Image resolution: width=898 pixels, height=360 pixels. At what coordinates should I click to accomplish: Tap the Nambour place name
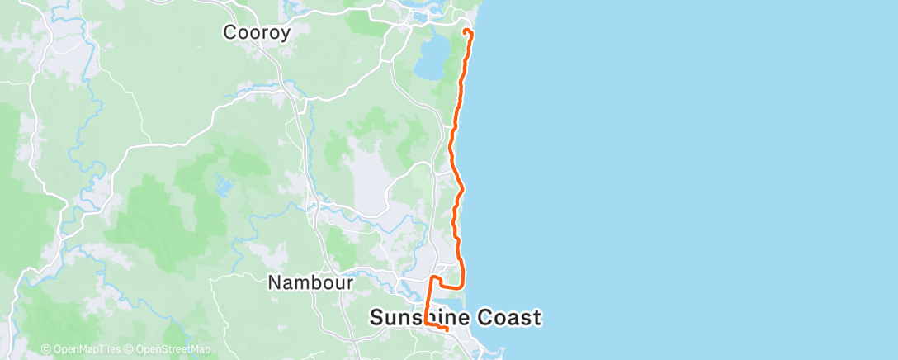point(310,282)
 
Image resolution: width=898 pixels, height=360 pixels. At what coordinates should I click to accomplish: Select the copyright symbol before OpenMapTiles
point(45,349)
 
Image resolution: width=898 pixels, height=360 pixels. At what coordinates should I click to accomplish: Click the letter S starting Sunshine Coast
point(376,317)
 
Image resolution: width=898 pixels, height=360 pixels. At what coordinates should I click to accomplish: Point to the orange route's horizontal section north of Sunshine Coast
point(450,285)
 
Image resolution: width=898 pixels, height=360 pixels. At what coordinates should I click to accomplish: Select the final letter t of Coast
point(536,317)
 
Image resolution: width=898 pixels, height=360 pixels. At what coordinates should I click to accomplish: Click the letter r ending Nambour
point(350,283)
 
